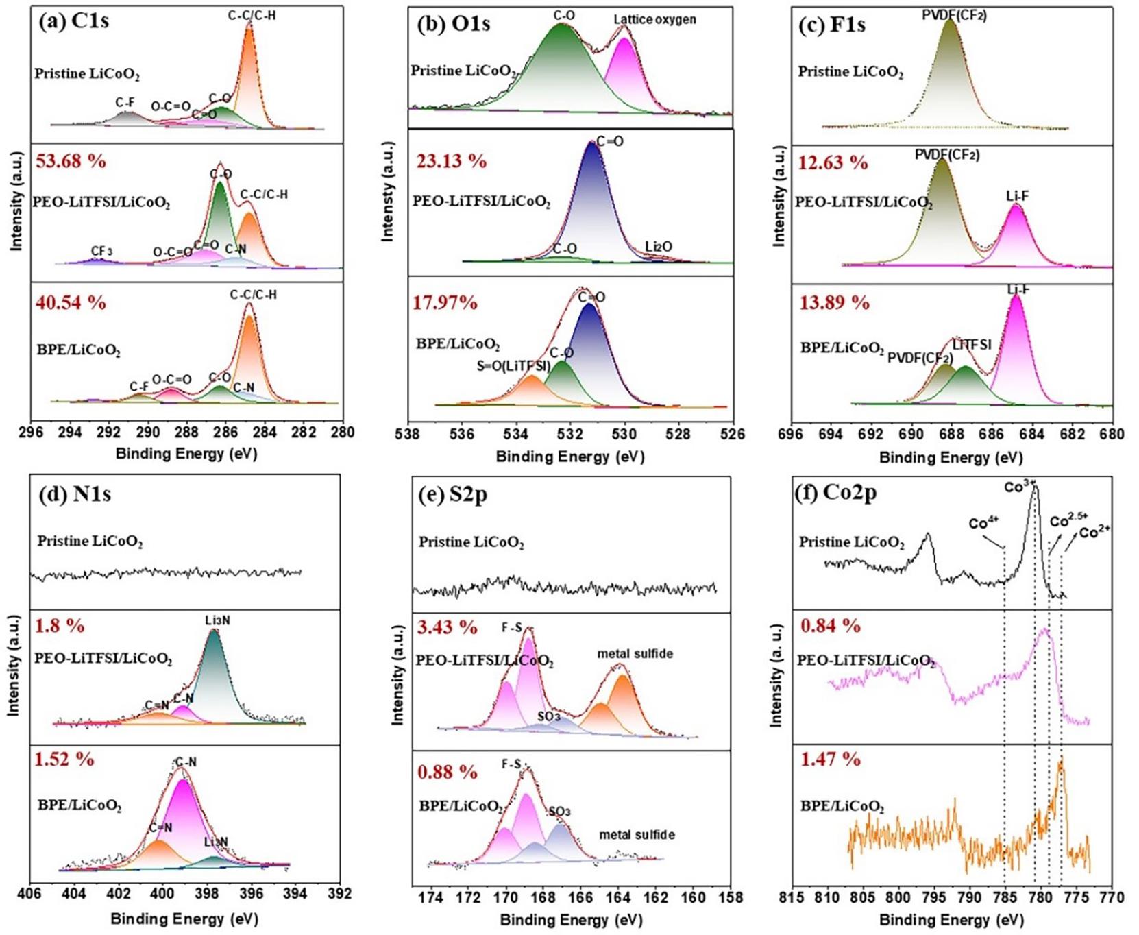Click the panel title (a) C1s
click(74, 21)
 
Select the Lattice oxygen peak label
click(654, 19)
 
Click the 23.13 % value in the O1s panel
click(451, 161)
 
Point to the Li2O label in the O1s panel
click(659, 246)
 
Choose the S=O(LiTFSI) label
click(513, 366)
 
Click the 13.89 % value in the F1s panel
click(834, 302)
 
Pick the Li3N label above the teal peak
click(217, 620)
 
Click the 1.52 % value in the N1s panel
click(64, 760)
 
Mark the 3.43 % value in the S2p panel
click(447, 627)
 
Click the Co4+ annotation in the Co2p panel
click(983, 524)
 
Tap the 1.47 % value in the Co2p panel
click(830, 760)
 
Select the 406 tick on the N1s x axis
click(29, 894)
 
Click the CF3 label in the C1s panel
click(101, 252)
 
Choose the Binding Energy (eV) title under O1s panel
click(570, 457)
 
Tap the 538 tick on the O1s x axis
click(408, 434)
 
